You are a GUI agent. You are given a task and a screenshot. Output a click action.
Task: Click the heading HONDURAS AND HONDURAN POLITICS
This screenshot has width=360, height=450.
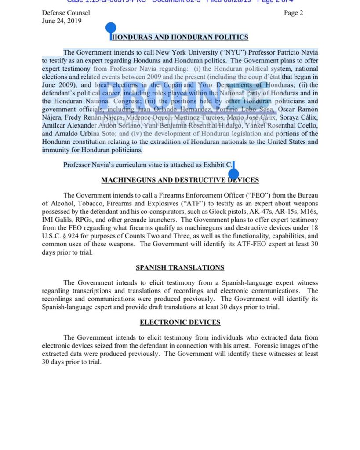pyautogui.click(x=180, y=37)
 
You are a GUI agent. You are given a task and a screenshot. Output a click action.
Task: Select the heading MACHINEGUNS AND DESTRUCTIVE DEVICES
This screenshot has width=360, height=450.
pyautogui.click(x=180, y=180)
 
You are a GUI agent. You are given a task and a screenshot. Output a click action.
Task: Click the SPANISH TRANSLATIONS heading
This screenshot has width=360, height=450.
pyautogui.click(x=180, y=267)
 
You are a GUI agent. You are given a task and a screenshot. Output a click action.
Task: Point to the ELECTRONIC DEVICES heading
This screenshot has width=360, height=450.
pyautogui.click(x=180, y=322)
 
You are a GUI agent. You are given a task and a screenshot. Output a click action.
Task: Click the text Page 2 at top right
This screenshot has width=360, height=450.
pyautogui.click(x=293, y=13)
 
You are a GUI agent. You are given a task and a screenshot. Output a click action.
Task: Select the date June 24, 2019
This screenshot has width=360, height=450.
pyautogui.click(x=62, y=21)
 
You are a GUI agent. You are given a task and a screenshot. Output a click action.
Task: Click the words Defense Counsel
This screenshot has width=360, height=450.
pyautogui.click(x=66, y=13)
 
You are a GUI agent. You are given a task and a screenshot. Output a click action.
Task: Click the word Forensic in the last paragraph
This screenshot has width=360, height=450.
pyautogui.click(x=258, y=346)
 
